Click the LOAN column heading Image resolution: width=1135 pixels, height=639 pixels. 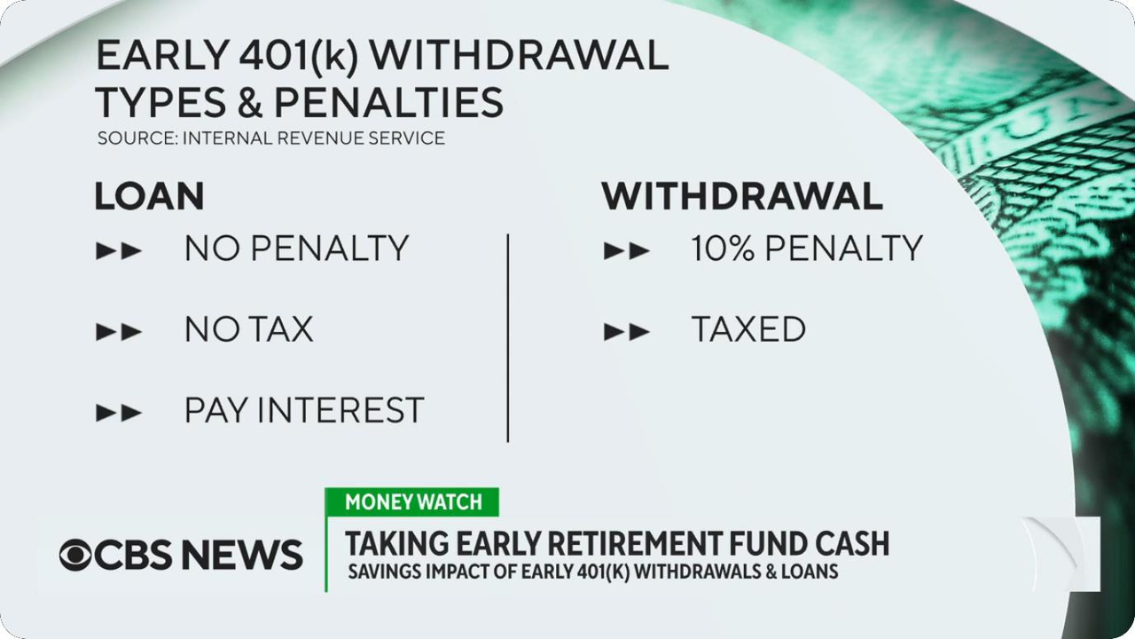[150, 196]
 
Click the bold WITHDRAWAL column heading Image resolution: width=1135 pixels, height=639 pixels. [742, 196]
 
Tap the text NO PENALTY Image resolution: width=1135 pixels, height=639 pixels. [296, 248]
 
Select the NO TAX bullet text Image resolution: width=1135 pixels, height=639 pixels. [249, 329]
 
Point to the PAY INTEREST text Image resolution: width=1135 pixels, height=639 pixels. [304, 410]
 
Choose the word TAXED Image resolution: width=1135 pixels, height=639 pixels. [749, 329]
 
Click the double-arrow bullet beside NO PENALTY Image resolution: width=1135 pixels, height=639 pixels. [119, 251]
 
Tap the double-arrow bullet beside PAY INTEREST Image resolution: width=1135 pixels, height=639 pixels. [119, 414]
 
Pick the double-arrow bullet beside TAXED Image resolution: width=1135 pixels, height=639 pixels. [627, 332]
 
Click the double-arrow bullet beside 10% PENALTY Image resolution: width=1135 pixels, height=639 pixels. [627, 251]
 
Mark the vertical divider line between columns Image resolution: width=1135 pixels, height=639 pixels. [508, 338]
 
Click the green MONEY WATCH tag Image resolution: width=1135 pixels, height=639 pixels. [412, 502]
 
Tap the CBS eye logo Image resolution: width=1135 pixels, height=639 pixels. [75, 555]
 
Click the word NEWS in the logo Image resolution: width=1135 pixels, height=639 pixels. [242, 555]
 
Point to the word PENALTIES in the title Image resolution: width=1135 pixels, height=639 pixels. [388, 102]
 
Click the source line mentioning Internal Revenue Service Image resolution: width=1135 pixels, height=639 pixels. [271, 138]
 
